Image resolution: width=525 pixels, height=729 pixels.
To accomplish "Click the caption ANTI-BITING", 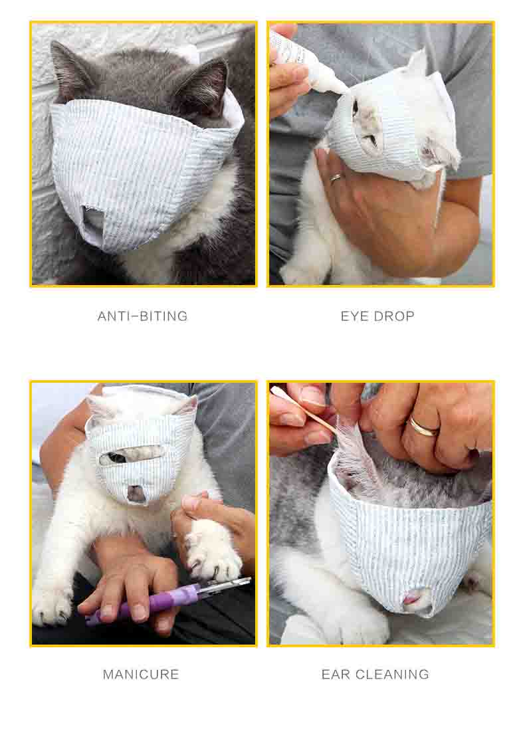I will pos(142,316).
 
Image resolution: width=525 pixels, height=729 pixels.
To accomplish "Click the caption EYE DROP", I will pos(377,316).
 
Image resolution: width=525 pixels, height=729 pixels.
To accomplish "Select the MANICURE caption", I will pos(141,675).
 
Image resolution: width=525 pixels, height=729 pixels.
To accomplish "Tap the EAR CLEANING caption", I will pos(375,675).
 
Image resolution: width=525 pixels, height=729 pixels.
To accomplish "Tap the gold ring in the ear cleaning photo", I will pos(423,426).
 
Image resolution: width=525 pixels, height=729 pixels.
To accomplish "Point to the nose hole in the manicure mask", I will pos(136,493).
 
